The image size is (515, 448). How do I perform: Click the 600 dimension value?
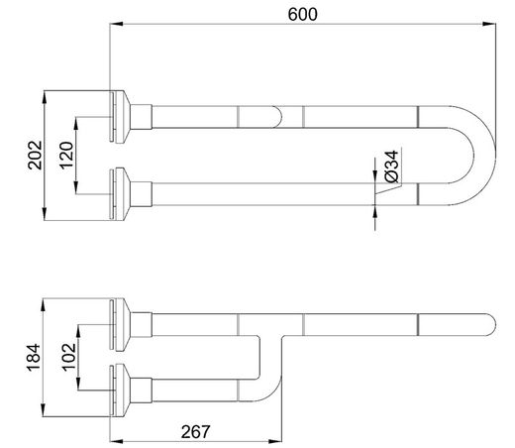[302, 15]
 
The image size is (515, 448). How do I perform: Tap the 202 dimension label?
[35, 156]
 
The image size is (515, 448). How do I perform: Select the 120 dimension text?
[66, 156]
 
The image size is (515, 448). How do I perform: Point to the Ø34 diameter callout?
[392, 167]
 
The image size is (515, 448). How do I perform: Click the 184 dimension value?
[34, 358]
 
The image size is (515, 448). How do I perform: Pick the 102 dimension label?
[69, 358]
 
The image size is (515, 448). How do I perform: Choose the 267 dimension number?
[195, 432]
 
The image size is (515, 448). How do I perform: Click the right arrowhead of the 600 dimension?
[490, 24]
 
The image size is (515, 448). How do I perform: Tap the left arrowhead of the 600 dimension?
[116, 24]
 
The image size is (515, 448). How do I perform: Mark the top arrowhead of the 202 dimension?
[45, 97]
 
